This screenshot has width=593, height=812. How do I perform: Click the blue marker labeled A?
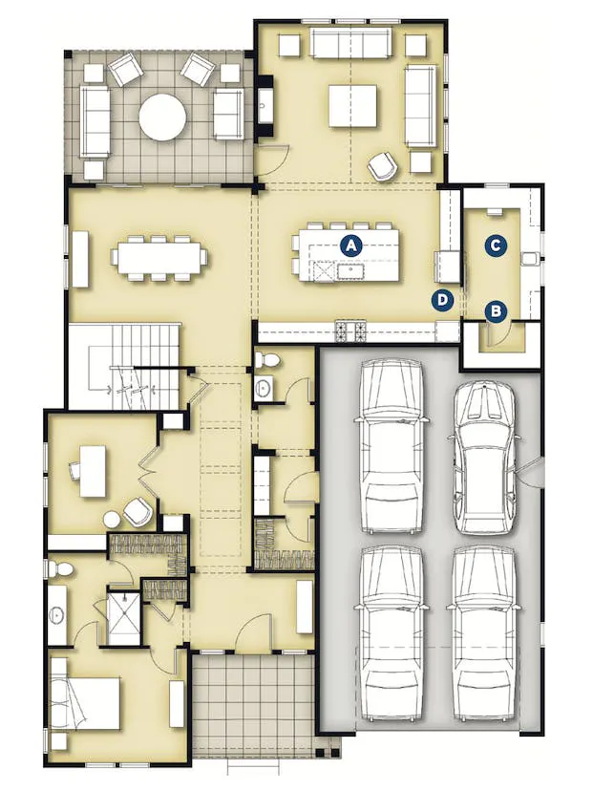[350, 246]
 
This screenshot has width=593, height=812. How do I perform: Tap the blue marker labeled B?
[496, 311]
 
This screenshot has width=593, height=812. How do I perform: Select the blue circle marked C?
[496, 245]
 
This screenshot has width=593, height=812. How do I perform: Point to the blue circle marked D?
[442, 299]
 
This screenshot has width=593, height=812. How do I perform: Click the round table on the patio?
[162, 118]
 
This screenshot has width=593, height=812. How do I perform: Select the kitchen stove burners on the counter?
[349, 331]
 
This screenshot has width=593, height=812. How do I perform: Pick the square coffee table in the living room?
[352, 106]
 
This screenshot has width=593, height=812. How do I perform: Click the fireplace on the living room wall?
[265, 106]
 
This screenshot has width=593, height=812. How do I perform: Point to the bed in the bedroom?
[85, 703]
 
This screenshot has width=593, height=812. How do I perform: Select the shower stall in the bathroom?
[123, 618]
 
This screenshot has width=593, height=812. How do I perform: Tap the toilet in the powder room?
[267, 360]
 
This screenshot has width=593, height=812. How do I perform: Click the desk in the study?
[94, 471]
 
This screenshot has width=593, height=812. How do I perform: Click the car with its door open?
[486, 459]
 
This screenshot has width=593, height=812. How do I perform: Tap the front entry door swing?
[253, 632]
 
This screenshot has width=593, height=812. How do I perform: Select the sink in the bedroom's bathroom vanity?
[56, 615]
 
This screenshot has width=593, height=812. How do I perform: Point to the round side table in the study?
[112, 520]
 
